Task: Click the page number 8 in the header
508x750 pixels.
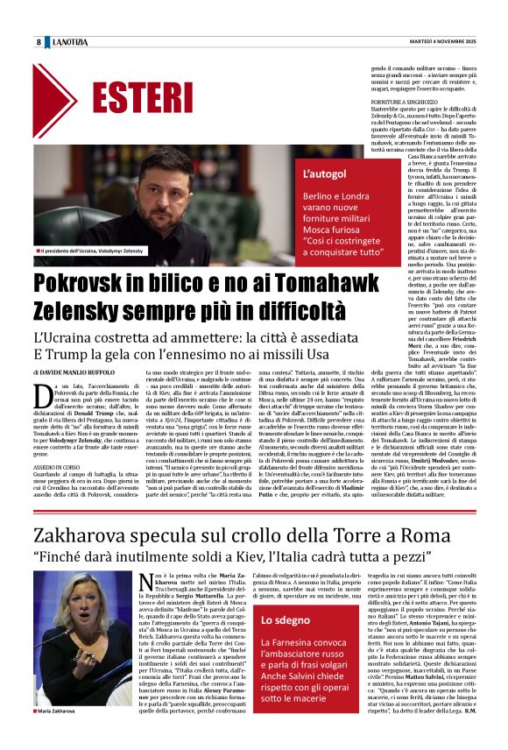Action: pos(39,41)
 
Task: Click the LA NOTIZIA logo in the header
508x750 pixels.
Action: pos(70,41)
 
